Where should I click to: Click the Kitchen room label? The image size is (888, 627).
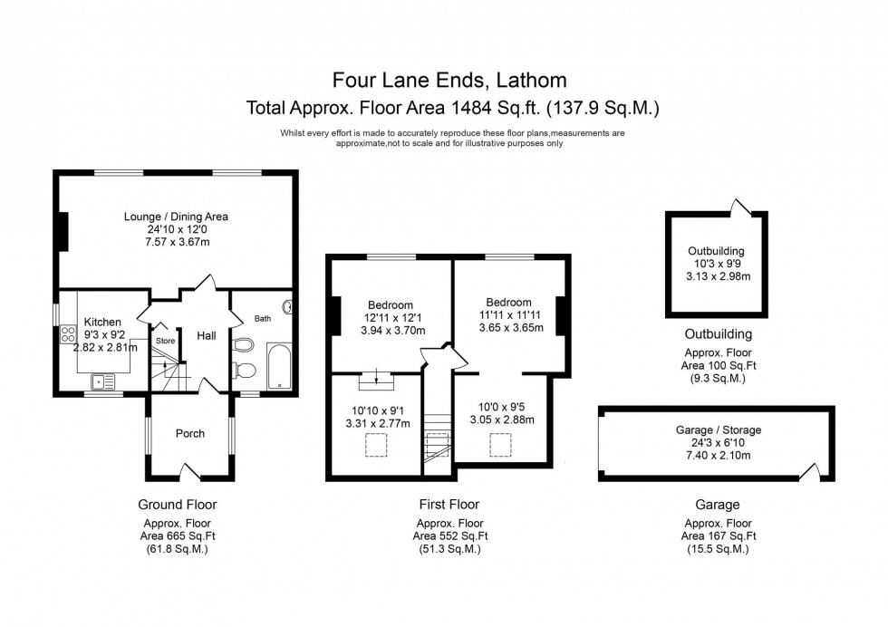click(x=102, y=322)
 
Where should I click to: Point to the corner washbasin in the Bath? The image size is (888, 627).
click(x=287, y=306)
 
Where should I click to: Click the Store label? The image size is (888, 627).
click(x=165, y=341)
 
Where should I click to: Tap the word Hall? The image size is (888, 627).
click(x=207, y=335)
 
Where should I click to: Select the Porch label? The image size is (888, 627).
click(x=190, y=433)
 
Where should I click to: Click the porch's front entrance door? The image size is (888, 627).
click(x=190, y=472)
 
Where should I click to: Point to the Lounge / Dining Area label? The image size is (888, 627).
click(x=176, y=217)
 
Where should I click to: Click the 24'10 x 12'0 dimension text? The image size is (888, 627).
click(x=176, y=229)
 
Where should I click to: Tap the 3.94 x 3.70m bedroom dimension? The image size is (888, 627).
click(x=390, y=331)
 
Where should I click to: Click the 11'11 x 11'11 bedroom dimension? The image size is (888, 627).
click(x=510, y=314)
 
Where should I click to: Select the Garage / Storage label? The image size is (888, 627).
click(x=719, y=429)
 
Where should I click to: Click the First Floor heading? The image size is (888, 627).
click(x=449, y=505)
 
